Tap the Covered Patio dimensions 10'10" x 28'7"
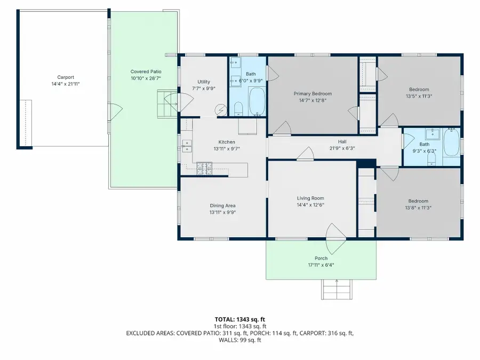pyautogui.click(x=146, y=78)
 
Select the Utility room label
pyautogui.click(x=204, y=82)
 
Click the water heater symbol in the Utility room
pyautogui.click(x=220, y=110)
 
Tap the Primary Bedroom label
pyautogui.click(x=312, y=93)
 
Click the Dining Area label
pyautogui.click(x=222, y=205)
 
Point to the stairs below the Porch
pyautogui.click(x=337, y=290)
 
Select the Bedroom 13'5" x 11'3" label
pyautogui.click(x=419, y=90)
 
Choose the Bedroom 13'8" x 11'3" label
pyautogui.click(x=419, y=201)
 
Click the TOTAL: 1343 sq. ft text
pyautogui.click(x=239, y=319)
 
